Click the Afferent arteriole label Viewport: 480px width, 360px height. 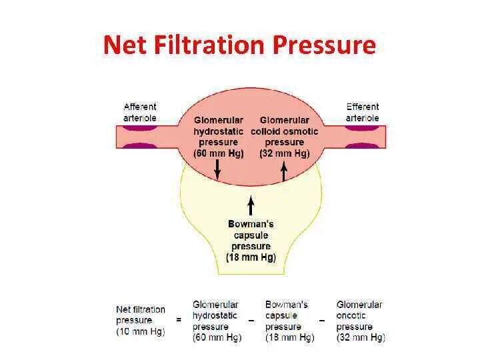point(140,112)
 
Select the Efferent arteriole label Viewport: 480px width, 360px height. point(362,112)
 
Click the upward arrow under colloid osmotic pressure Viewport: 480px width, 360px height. point(284,171)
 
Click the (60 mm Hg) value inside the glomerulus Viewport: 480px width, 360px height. point(218,153)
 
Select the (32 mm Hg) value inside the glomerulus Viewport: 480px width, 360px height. point(285,153)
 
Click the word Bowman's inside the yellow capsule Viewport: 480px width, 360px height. point(251,224)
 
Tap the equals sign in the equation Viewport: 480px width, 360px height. point(178,320)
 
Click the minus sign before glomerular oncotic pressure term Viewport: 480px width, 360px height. point(321,321)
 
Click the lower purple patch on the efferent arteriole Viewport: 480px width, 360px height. point(362,146)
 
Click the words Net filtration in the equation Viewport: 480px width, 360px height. point(140,309)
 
